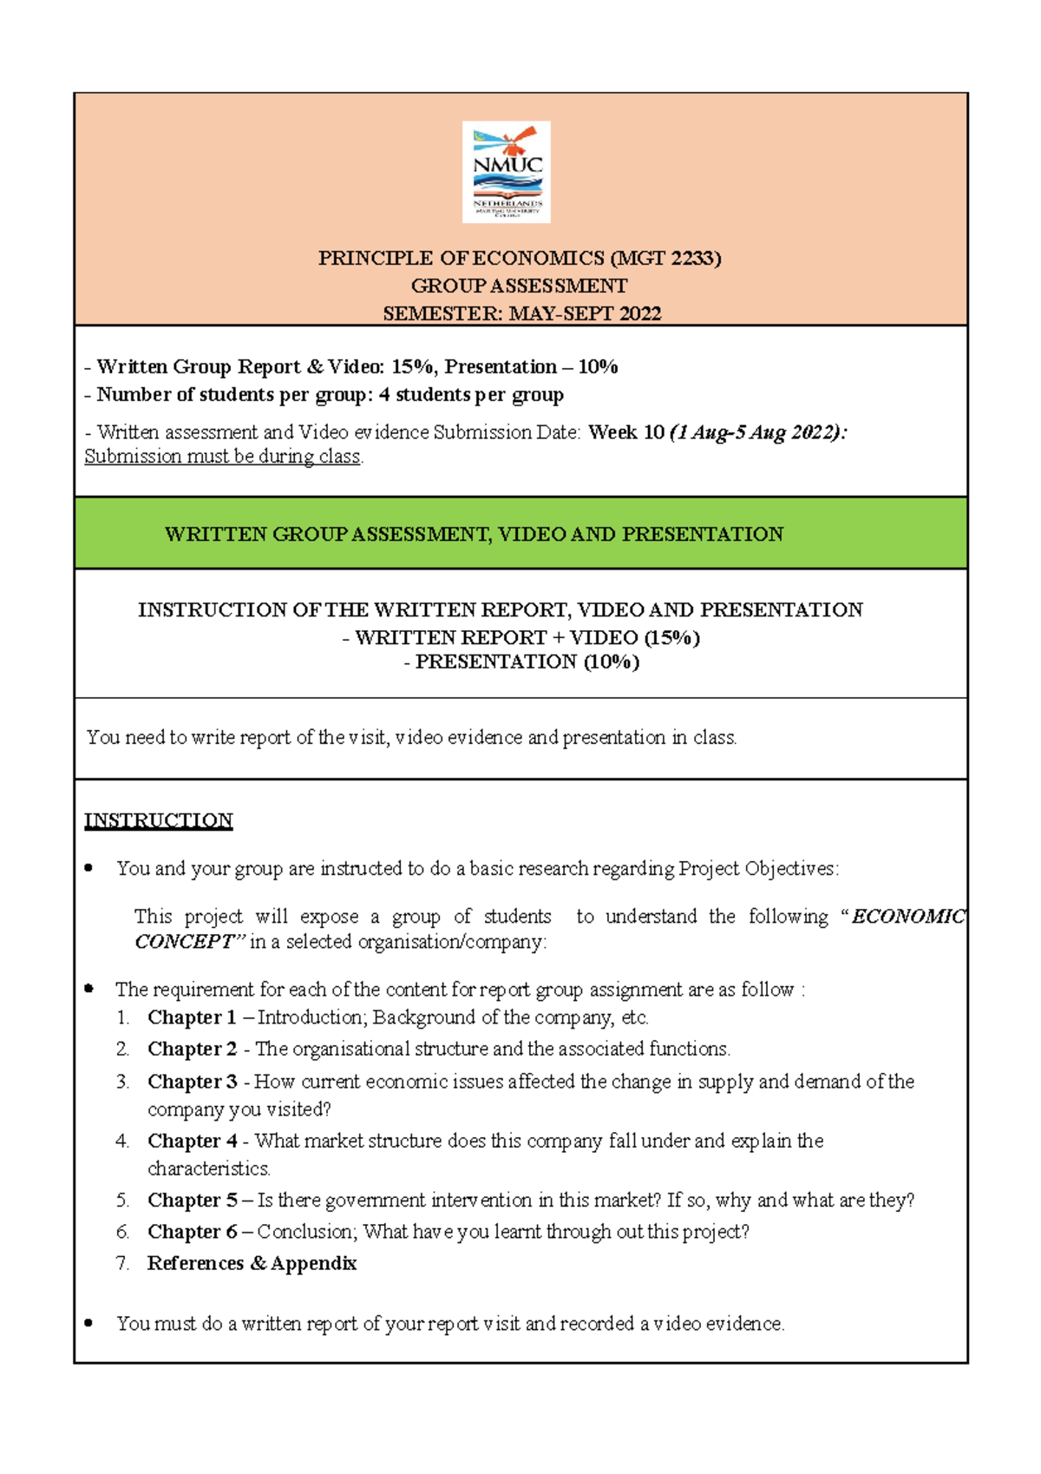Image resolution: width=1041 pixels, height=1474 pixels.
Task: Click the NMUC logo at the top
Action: [x=507, y=172]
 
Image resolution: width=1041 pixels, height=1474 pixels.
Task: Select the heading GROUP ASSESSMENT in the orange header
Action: [x=519, y=286]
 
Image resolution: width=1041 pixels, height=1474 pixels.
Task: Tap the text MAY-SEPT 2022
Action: [x=585, y=313]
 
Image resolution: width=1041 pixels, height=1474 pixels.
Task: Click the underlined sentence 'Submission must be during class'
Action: [x=222, y=457]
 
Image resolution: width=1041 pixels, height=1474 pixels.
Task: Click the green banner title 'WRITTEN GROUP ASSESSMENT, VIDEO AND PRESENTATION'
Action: [x=474, y=534]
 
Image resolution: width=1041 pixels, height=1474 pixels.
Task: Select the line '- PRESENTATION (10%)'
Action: [x=521, y=662]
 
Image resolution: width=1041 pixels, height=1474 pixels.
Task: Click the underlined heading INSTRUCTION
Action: [x=158, y=820]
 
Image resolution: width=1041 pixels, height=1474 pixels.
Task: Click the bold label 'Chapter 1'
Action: [x=192, y=1017]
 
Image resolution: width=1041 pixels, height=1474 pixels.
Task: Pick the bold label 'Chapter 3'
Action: [x=192, y=1082]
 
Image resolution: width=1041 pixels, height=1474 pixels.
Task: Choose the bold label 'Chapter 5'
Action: [x=192, y=1201]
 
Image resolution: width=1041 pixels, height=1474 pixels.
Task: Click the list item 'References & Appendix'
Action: [x=252, y=1263]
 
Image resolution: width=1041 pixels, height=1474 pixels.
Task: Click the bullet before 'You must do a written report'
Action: [x=88, y=1323]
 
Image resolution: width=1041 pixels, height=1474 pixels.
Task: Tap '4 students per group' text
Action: [x=471, y=395]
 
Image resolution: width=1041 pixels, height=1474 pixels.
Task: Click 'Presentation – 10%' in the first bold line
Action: [x=531, y=366]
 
